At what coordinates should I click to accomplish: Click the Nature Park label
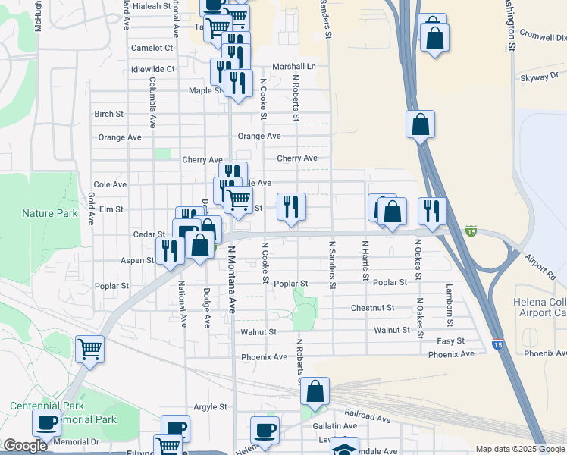tap(50, 213)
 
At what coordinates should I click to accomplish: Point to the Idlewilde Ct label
tap(152, 69)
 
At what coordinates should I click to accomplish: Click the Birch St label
tap(108, 115)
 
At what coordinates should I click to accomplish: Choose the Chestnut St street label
tap(372, 308)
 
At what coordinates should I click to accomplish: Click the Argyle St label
tap(210, 406)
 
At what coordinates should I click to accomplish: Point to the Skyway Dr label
tap(538, 77)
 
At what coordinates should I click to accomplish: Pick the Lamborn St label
tap(450, 300)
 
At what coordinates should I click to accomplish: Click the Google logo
tap(24, 446)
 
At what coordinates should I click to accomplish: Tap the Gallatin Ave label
tap(334, 426)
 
